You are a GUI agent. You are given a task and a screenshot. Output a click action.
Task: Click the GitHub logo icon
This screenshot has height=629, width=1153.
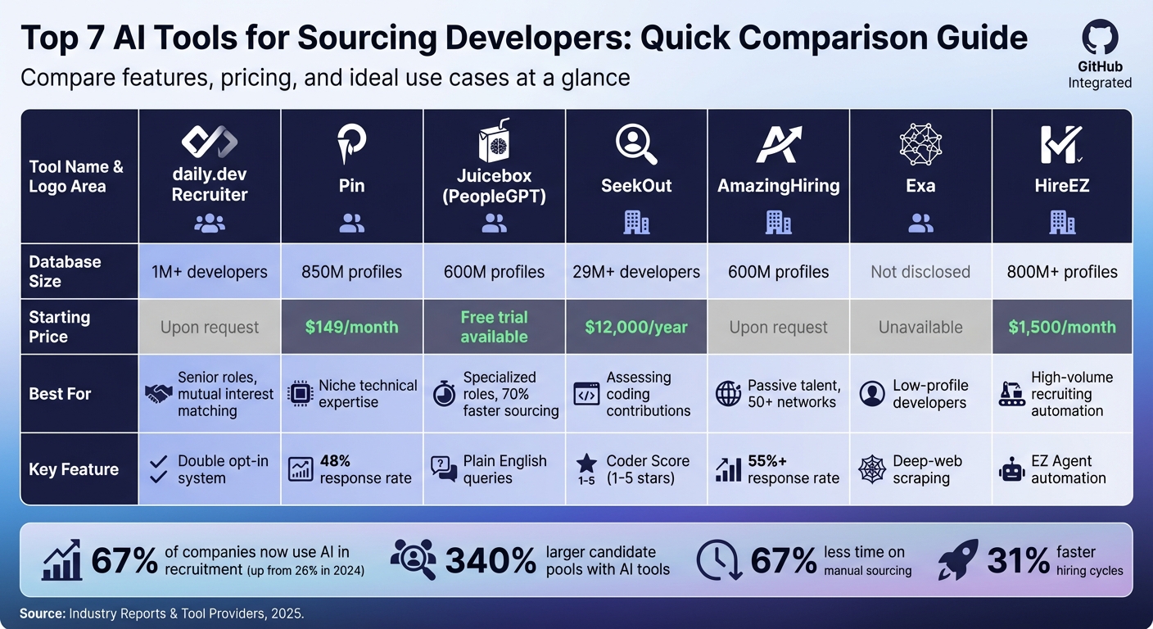[x=1100, y=38]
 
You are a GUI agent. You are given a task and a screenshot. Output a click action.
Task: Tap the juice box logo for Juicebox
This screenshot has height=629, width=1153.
[x=494, y=140]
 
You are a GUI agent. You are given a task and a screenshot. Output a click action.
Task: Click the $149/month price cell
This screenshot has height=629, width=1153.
[x=351, y=327]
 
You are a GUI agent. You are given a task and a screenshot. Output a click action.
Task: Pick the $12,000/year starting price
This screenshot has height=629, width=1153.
[x=636, y=327]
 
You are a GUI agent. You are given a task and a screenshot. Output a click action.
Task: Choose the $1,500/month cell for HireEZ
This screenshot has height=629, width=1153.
[x=1062, y=327]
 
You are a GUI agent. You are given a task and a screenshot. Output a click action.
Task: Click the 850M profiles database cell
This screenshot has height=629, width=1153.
[x=351, y=272]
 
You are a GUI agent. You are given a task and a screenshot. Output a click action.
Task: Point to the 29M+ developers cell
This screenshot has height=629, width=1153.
[x=636, y=272]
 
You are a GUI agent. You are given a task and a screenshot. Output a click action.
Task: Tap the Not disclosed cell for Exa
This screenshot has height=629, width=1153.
[x=920, y=272]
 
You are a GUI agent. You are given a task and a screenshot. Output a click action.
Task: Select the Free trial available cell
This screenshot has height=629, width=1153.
[x=494, y=327]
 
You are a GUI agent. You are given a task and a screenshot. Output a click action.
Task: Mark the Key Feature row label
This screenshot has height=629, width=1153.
[x=74, y=469]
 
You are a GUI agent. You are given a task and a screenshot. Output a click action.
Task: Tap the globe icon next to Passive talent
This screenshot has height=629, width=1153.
[x=728, y=394]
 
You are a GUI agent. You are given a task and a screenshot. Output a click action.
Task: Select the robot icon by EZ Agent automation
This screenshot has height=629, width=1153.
[x=1012, y=470]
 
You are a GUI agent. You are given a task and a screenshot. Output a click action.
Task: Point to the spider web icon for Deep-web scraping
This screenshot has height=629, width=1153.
[x=871, y=470]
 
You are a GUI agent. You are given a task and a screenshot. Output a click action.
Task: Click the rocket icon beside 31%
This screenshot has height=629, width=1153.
[x=959, y=559]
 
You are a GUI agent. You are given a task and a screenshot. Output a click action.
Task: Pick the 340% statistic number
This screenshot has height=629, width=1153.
[x=491, y=560]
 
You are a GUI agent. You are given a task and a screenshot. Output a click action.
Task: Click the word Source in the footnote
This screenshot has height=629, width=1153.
[x=42, y=613]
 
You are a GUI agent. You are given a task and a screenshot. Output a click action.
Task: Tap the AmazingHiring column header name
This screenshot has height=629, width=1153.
[x=778, y=186]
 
